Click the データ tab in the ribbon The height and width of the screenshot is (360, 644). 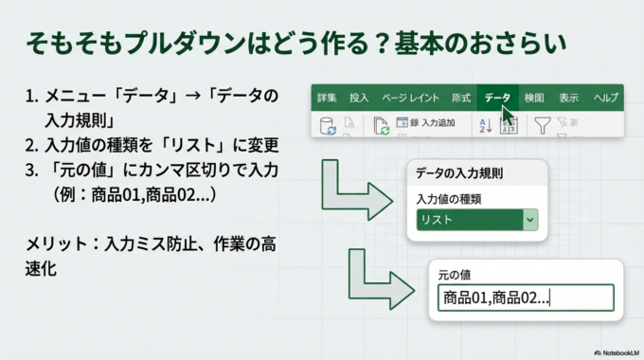point(497,97)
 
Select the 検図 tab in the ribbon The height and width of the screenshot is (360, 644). point(534,97)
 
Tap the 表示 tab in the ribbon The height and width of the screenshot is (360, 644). point(568,97)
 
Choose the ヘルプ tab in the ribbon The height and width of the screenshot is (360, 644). point(606,97)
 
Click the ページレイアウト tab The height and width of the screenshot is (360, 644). point(410,97)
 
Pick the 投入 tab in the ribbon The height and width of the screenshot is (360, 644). point(359,97)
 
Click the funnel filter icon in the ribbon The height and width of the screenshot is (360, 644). point(542,125)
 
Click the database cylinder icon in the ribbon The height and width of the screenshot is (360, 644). point(329,125)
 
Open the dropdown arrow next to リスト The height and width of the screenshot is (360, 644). point(530,220)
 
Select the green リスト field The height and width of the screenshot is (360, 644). point(469,220)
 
